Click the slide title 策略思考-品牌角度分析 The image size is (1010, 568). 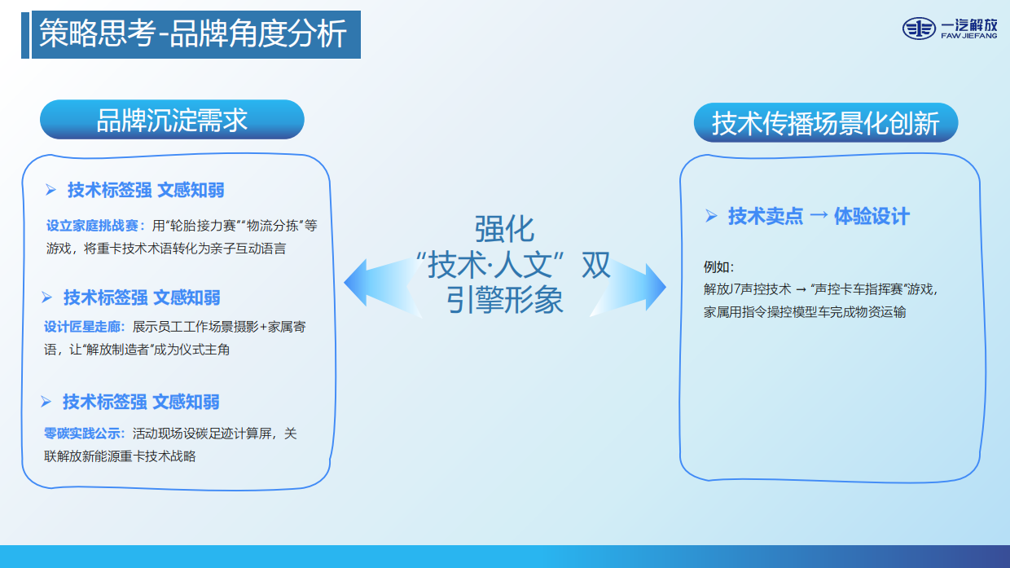click(x=193, y=35)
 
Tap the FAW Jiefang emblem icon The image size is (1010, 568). click(x=919, y=29)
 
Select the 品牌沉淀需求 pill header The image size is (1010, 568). click(x=172, y=121)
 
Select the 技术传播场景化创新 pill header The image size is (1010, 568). click(x=826, y=124)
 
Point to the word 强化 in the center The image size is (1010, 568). click(x=504, y=229)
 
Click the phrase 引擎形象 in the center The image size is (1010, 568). click(x=504, y=301)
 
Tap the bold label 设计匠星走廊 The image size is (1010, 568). click(x=84, y=327)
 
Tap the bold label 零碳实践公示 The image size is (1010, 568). click(x=84, y=434)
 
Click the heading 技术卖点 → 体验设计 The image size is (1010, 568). click(x=818, y=216)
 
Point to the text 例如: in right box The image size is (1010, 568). click(x=718, y=266)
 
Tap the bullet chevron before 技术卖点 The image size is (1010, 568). click(x=711, y=216)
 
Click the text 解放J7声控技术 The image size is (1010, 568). click(x=747, y=288)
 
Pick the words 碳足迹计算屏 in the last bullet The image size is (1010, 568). click(x=235, y=434)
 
